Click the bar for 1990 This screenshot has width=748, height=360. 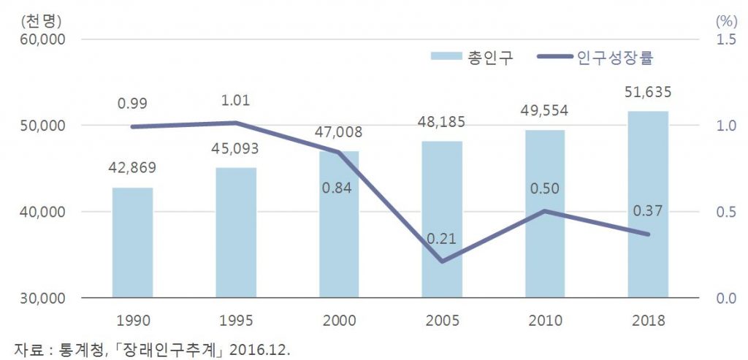[x=132, y=242]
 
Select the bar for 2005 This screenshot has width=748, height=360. [x=442, y=219]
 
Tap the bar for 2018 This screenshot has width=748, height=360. [x=648, y=204]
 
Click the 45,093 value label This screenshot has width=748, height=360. [x=235, y=150]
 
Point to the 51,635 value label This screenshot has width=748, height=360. [x=648, y=93]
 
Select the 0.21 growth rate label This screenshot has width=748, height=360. [x=441, y=239]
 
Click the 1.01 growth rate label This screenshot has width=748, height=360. [x=235, y=100]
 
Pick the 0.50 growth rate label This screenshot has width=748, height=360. [x=544, y=189]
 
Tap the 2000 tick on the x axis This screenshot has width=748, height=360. [x=338, y=319]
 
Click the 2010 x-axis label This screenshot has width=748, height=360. [x=544, y=319]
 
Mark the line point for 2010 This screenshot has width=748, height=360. [x=544, y=211]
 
